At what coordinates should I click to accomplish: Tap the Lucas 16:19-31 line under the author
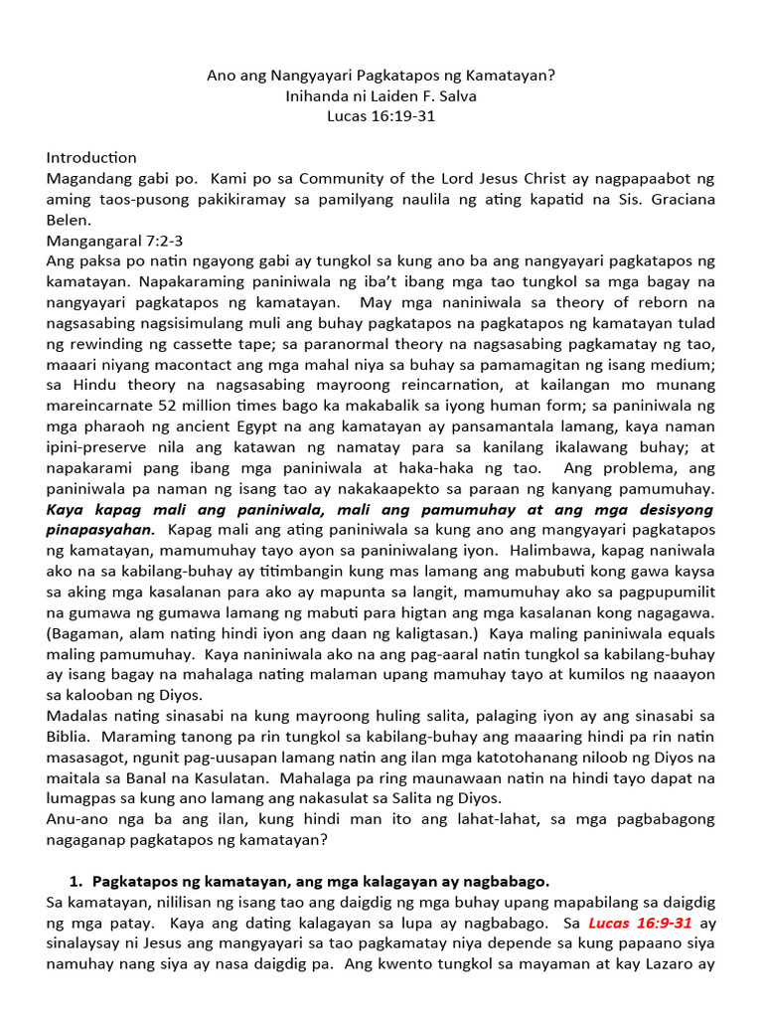381,115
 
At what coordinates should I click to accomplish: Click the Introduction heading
91,158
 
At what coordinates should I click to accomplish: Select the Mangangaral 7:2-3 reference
114,242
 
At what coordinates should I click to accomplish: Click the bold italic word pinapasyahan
99,530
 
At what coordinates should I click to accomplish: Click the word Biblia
69,739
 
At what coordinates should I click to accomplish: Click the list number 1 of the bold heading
74,882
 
